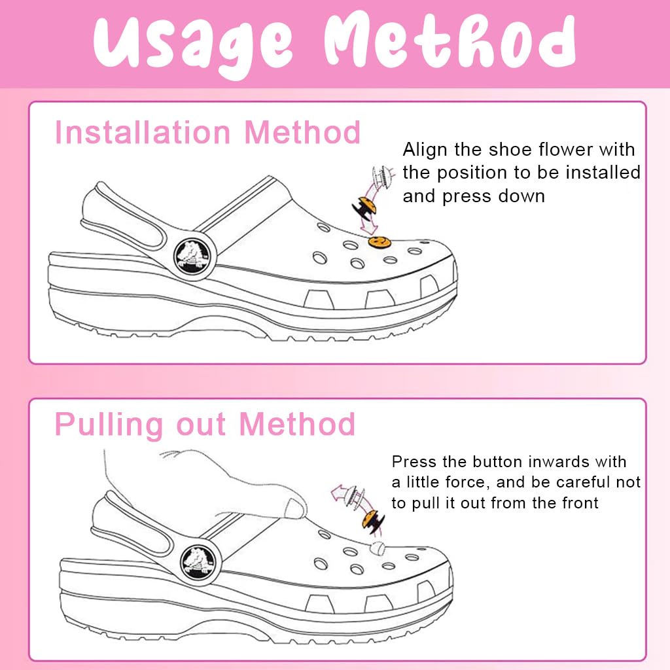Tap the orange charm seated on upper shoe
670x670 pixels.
(378, 243)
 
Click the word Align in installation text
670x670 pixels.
(425, 150)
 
